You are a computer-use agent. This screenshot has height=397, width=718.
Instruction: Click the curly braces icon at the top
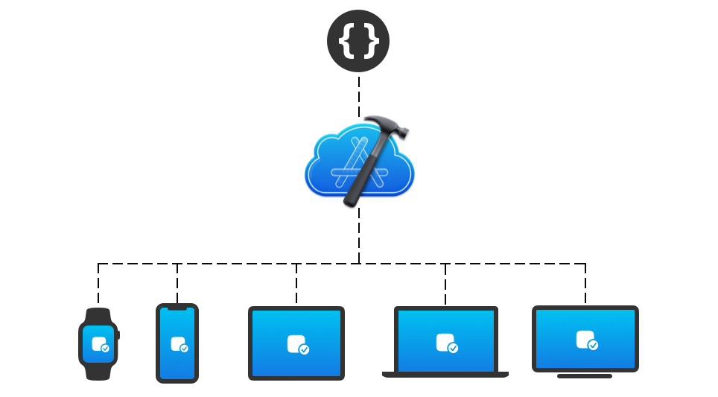point(358,41)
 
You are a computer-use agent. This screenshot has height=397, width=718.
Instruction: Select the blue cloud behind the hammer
point(328,168)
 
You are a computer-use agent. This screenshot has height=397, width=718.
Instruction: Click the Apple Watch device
point(98,343)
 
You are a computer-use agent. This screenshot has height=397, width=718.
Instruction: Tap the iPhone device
point(177,343)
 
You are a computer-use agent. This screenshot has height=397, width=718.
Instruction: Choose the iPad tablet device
point(296,343)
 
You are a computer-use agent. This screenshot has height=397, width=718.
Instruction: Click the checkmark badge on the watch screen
point(105,348)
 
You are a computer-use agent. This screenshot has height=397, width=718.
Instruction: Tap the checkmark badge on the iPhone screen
point(184,348)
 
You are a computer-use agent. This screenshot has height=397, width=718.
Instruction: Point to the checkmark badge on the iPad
point(304,349)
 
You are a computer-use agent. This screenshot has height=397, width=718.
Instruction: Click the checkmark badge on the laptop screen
point(453,348)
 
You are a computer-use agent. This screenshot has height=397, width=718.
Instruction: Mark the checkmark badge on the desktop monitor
point(593,345)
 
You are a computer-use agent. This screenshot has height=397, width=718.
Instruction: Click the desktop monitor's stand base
point(585,376)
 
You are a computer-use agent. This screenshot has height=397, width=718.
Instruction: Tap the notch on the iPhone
point(177,307)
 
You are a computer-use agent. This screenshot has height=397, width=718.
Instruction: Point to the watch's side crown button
point(118,335)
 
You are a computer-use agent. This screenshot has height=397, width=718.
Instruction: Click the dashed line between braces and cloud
point(359,93)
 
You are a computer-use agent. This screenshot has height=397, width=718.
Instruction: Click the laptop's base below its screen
point(445,375)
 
